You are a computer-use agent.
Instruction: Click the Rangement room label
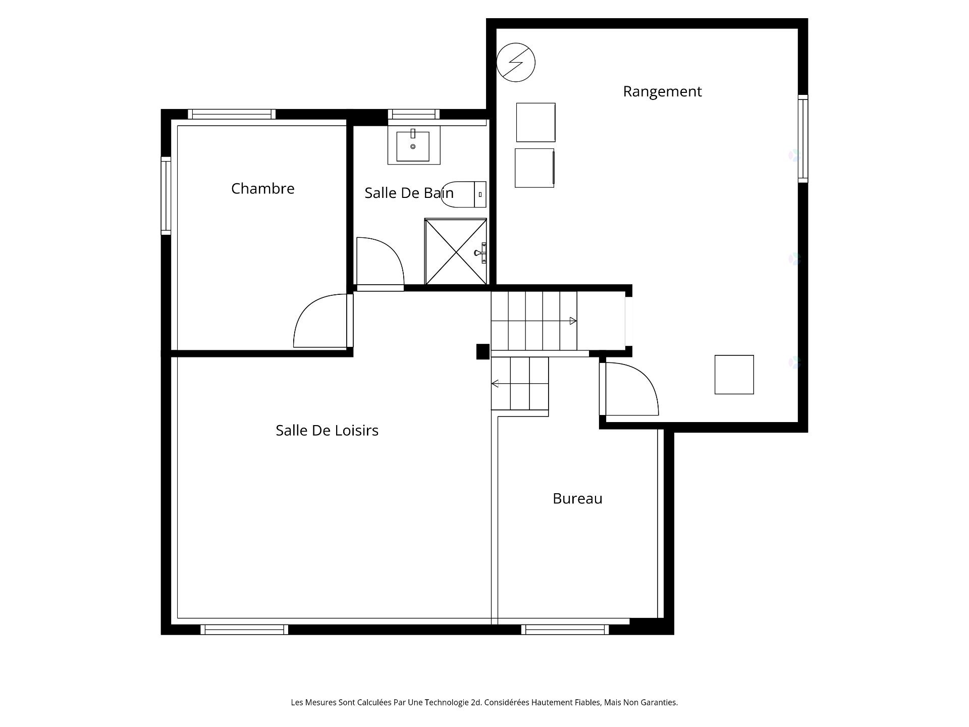tap(662, 91)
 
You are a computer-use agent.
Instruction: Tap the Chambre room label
tap(262, 188)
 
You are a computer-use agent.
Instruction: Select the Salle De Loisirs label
tap(327, 430)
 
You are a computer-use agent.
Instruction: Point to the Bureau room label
tap(577, 498)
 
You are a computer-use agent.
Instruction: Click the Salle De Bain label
tap(409, 193)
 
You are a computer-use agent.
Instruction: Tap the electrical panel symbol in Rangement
tap(516, 63)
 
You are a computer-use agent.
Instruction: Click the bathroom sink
tap(413, 145)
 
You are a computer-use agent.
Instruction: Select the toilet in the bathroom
tap(463, 194)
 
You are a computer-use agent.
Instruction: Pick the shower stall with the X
tap(456, 251)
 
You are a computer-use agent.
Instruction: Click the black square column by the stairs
tap(483, 351)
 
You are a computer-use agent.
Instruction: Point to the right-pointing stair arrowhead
tap(573, 321)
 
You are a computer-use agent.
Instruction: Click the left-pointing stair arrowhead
tap(495, 384)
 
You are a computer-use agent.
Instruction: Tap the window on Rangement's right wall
tap(803, 138)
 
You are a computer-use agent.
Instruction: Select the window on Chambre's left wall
tap(166, 196)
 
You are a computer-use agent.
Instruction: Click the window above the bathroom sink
tap(413, 114)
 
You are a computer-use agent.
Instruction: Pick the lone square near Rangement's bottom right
tap(734, 375)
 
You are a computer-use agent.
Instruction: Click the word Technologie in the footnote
tap(446, 702)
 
